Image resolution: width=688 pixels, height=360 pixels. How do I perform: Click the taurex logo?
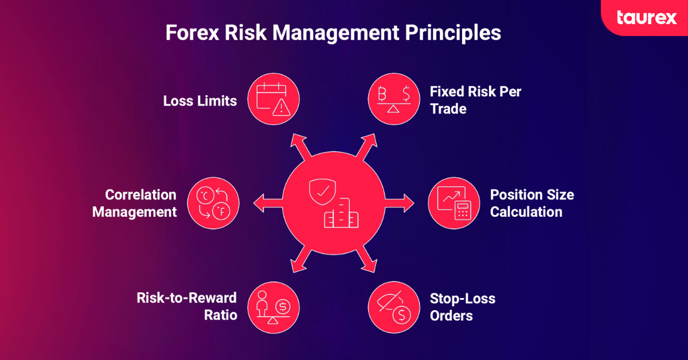pyautogui.click(x=647, y=17)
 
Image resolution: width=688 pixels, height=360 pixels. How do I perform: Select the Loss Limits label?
pyautogui.click(x=200, y=101)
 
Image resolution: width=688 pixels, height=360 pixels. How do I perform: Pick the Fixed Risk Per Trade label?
pyautogui.click(x=475, y=100)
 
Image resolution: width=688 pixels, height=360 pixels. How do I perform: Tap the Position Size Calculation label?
pyautogui.click(x=531, y=203)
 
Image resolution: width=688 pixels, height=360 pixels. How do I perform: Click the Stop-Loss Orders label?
pyautogui.click(x=462, y=307)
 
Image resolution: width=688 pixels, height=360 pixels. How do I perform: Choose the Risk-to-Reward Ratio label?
pyautogui.click(x=187, y=306)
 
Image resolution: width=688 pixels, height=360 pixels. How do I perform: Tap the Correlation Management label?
pyautogui.click(x=135, y=203)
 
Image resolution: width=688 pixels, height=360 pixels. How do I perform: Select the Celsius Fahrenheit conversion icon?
pyautogui.click(x=213, y=203)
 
